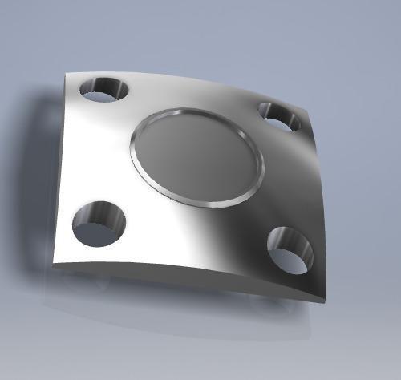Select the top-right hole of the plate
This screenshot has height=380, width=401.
pos(280,117)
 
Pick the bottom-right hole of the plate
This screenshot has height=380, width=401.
pos(290,249)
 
